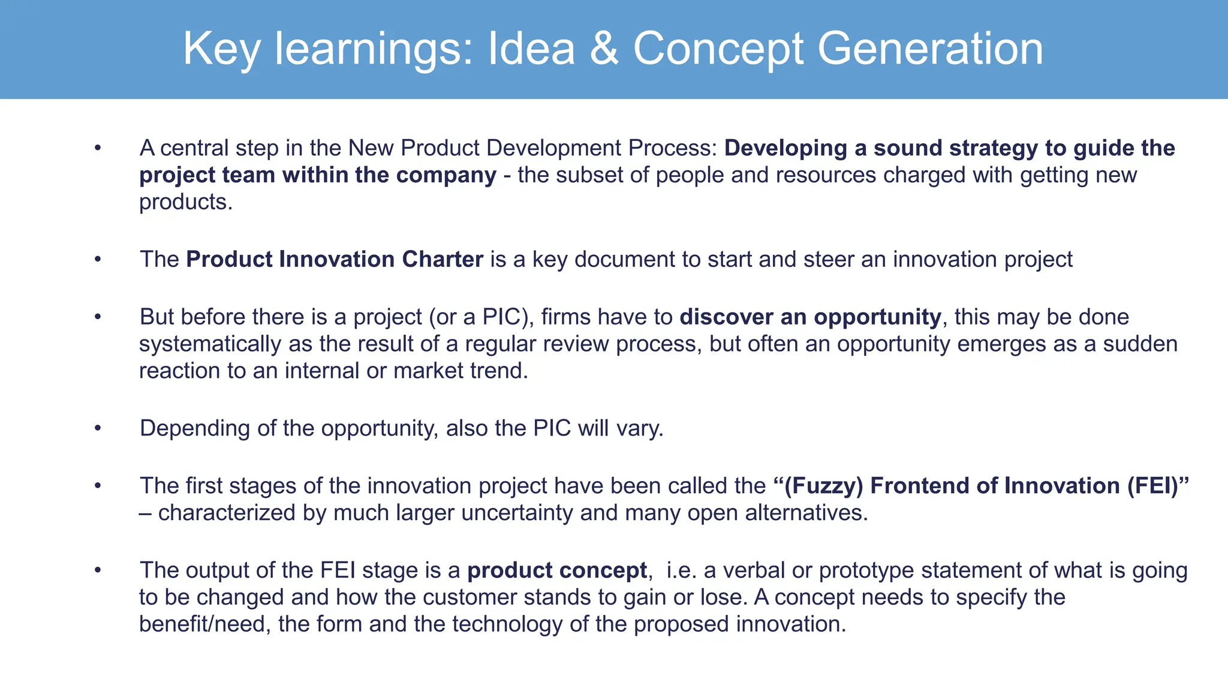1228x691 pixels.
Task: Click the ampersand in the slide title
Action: [x=604, y=48]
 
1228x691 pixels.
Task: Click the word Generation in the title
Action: [x=930, y=48]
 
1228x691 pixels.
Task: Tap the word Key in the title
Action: [x=221, y=48]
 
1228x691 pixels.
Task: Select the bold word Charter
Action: [x=443, y=259]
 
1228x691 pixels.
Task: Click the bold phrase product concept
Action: [x=557, y=570]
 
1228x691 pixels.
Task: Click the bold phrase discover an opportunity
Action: [x=810, y=317]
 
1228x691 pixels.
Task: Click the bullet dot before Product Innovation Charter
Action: [x=98, y=260]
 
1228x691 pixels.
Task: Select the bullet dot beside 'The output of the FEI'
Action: [x=98, y=570]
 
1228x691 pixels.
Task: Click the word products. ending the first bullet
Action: [x=186, y=202]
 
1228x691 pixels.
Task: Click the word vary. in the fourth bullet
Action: [x=644, y=428]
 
